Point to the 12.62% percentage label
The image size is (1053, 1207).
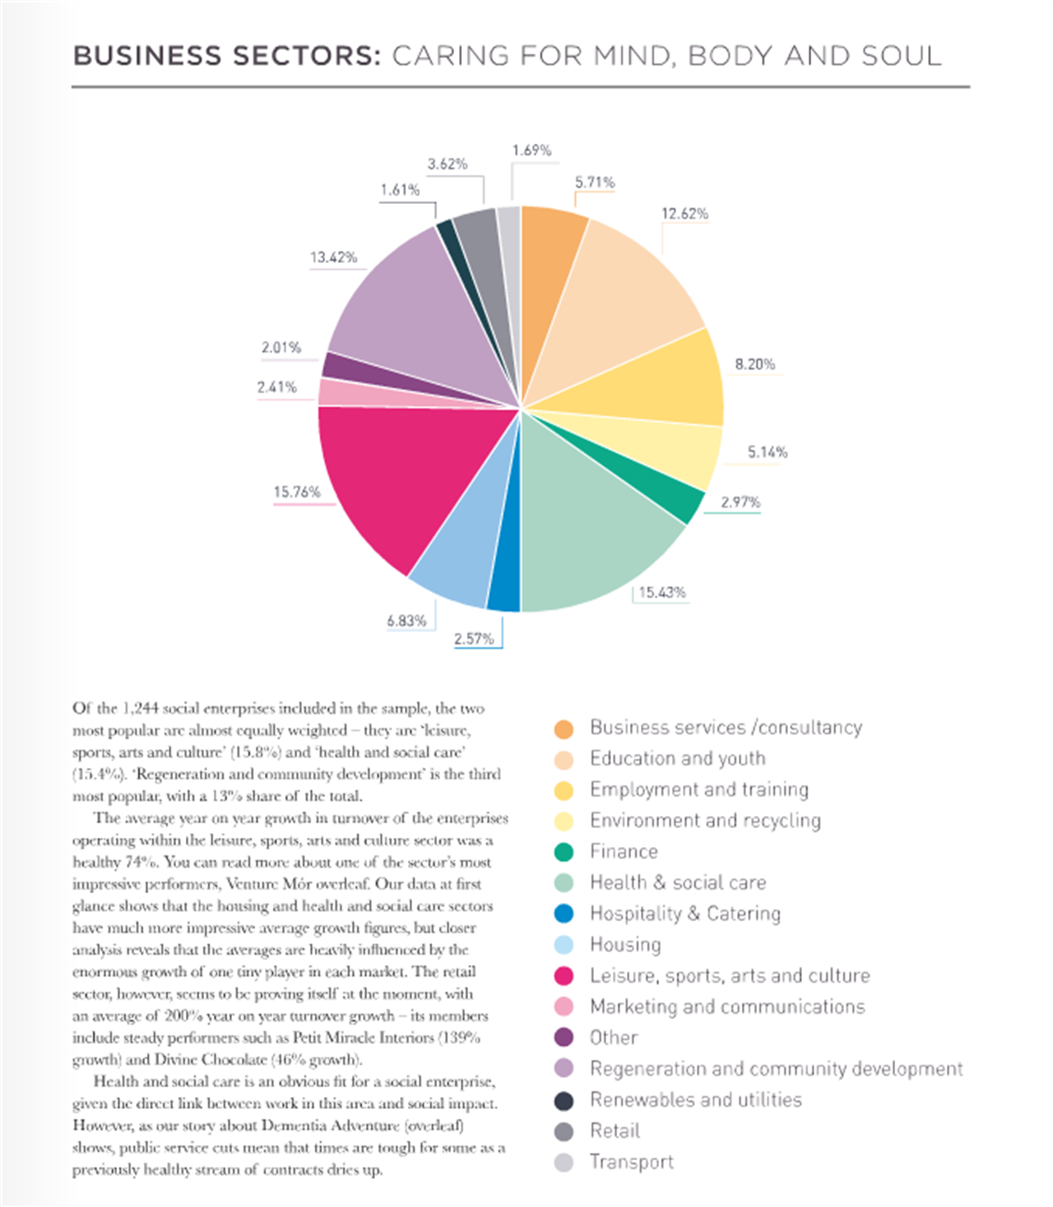click(x=684, y=214)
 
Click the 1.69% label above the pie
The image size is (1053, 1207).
click(x=531, y=150)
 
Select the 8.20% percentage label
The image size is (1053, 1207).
click(x=755, y=364)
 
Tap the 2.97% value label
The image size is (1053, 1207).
click(x=740, y=502)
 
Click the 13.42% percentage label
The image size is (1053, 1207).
click(x=333, y=257)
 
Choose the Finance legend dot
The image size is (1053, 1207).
click(x=564, y=852)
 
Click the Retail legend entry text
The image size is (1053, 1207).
click(x=615, y=1131)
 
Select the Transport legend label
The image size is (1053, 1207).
click(x=632, y=1162)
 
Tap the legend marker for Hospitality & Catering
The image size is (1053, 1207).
click(x=564, y=913)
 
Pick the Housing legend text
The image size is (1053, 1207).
click(x=626, y=945)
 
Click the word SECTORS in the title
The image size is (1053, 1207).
click(x=307, y=56)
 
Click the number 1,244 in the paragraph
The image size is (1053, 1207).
click(x=139, y=708)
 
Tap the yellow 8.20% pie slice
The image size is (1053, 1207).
click(x=649, y=383)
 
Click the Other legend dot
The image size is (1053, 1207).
click(x=564, y=1038)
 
